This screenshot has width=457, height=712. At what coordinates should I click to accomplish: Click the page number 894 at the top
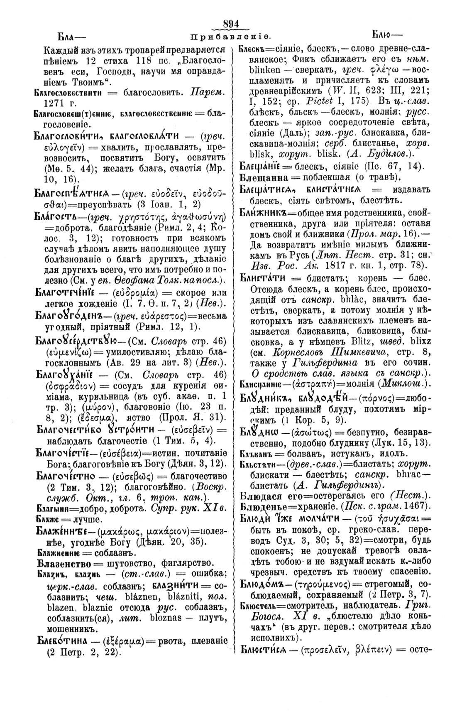(x=232, y=25)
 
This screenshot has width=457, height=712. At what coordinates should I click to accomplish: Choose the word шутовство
(x=125, y=563)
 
